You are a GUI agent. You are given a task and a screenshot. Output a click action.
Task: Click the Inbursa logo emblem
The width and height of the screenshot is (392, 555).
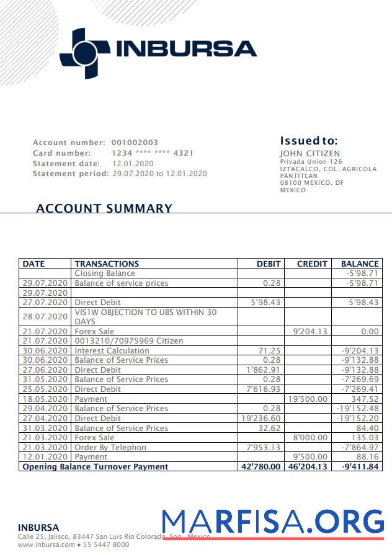pyautogui.click(x=84, y=52)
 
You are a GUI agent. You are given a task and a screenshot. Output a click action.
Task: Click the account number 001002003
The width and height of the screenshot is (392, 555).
pyautogui.click(x=135, y=143)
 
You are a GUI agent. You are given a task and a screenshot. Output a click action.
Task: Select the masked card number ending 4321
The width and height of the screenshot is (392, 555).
pyautogui.click(x=152, y=153)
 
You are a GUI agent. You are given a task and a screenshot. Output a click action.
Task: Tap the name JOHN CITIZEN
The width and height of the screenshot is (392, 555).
pyautogui.click(x=310, y=154)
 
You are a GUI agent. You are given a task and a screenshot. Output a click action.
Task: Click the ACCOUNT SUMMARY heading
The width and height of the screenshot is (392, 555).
pyautogui.click(x=104, y=209)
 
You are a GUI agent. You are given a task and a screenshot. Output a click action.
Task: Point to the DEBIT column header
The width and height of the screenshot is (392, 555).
pyautogui.click(x=269, y=264)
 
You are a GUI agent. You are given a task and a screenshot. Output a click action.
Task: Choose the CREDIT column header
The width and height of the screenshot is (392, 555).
pyautogui.click(x=312, y=264)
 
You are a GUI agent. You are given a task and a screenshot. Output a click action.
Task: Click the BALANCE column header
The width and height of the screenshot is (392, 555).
pyautogui.click(x=360, y=264)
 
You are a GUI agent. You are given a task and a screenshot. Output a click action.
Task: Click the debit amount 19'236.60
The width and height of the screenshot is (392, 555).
pyautogui.click(x=261, y=418)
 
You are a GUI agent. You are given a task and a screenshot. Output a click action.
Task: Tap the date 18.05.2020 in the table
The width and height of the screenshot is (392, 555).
pyautogui.click(x=45, y=399)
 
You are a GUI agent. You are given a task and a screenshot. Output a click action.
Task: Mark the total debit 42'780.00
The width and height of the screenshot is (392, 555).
pyautogui.click(x=261, y=466)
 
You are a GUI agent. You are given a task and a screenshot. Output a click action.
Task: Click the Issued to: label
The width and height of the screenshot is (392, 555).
pyautogui.click(x=309, y=141)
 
